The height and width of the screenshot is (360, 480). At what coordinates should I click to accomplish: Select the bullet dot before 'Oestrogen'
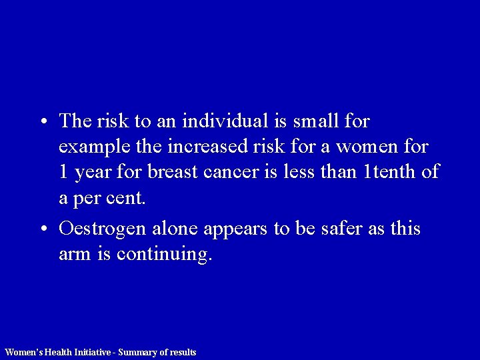click(43, 229)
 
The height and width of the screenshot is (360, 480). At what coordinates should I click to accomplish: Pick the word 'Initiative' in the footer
click(93, 352)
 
